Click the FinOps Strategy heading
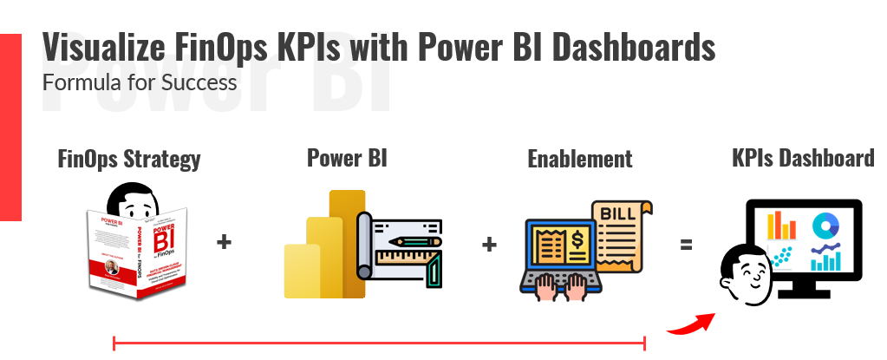click(129, 159)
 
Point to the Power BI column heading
click(347, 157)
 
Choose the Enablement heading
click(579, 159)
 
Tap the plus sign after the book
click(224, 242)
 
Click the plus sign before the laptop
click(489, 244)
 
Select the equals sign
click(686, 245)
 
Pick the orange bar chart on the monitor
click(780, 226)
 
